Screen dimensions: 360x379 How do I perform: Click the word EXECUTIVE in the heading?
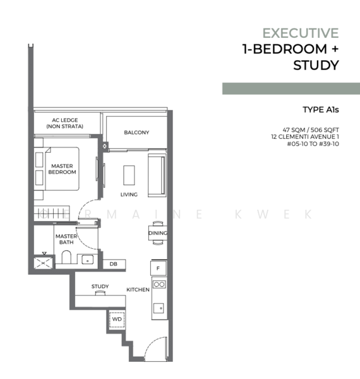point(301,33)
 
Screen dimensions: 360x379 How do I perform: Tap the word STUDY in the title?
point(316,65)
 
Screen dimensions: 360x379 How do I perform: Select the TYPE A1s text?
point(321,110)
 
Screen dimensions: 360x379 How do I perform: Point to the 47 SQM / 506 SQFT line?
point(311,129)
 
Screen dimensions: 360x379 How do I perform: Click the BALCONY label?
point(136,133)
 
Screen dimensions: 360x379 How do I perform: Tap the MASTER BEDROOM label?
point(62,169)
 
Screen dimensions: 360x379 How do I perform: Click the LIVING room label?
point(129,195)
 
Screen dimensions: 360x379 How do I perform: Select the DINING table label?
point(157,233)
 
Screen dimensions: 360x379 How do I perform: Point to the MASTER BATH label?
point(66,239)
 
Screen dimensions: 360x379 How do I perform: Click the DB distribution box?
point(114,264)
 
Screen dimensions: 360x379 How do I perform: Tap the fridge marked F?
point(159,268)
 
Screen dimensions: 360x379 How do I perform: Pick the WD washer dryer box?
point(117,320)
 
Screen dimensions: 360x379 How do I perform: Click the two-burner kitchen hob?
point(159,284)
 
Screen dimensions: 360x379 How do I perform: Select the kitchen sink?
point(159,308)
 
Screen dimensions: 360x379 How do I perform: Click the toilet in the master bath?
point(66,257)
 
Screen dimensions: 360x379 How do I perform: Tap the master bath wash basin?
point(87,260)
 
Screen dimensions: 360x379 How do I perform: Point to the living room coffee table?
point(129,175)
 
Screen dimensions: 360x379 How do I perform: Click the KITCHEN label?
point(138,289)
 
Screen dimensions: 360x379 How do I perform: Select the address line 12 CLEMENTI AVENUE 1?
point(305,137)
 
